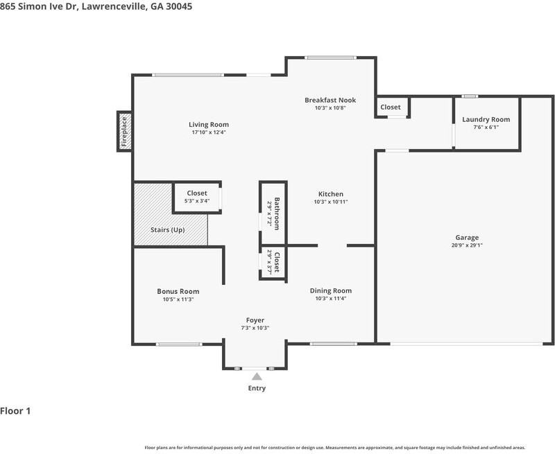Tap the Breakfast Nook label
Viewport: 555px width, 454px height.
(x=330, y=101)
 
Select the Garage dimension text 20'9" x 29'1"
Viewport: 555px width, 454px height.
(x=467, y=245)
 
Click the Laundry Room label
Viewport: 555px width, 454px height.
(x=486, y=119)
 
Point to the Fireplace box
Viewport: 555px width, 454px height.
(x=124, y=130)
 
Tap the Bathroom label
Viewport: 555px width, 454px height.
(x=276, y=213)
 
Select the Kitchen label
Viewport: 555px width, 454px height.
(x=330, y=194)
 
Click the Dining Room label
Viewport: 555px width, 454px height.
(x=330, y=290)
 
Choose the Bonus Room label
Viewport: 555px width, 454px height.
(x=178, y=291)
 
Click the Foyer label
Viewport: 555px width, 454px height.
(x=255, y=320)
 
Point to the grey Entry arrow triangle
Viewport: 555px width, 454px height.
(x=257, y=376)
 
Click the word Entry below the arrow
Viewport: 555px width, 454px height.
(x=257, y=388)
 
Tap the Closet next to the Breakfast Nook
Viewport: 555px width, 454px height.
(x=391, y=107)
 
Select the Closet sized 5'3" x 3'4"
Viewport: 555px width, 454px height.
(x=196, y=193)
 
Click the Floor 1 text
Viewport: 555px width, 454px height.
(x=15, y=411)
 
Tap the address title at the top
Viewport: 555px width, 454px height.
(x=96, y=6)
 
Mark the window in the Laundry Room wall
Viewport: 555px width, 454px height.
(x=470, y=96)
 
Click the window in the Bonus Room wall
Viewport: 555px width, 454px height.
(x=178, y=344)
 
